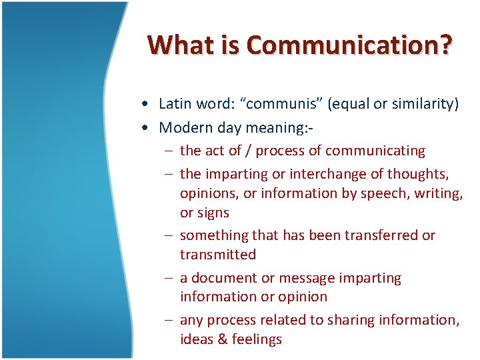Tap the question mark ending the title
point(444,45)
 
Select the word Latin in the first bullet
point(175,103)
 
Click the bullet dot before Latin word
point(145,104)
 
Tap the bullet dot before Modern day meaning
point(145,128)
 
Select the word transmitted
point(217,255)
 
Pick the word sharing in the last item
point(352,320)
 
